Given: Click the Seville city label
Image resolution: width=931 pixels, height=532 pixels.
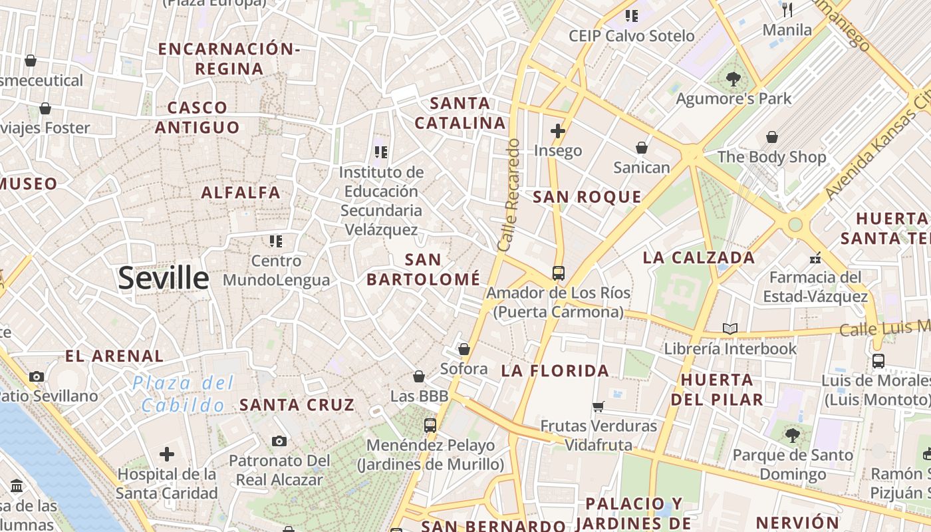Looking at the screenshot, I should pos(164,278).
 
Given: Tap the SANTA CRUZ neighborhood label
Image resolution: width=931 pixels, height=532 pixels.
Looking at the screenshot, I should pos(297,404).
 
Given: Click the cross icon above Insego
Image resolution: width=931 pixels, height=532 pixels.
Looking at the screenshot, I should pos(558,131).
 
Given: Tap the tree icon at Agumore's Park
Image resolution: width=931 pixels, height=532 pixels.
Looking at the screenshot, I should pos(733,79).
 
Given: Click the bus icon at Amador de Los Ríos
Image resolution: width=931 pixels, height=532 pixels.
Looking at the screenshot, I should pos(558,273).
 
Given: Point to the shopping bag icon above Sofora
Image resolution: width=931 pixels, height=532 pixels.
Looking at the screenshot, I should pos(464,349).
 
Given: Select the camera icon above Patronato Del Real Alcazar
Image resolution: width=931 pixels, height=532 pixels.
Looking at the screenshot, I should pos(279,441).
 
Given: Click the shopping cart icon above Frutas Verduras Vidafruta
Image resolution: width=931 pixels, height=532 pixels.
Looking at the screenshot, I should pos(598,406).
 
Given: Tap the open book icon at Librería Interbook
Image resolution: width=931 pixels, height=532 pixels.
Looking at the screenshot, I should pos(730,329).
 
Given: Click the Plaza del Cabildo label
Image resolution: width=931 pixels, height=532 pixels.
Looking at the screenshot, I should pos(183,394).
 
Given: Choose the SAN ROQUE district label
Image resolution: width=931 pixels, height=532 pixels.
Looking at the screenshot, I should pos(587,197).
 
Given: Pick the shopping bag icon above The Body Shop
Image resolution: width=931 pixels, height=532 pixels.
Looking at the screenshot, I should pos(771,137).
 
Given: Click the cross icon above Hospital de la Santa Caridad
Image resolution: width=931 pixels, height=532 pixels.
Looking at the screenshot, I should pos(167,455).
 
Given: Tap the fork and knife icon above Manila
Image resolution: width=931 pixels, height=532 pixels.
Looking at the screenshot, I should pos(787,9).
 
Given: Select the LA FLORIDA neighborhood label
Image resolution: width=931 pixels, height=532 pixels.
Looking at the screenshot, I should pos(555,371).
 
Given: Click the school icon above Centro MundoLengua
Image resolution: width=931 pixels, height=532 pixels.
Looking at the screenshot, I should pos(276,241).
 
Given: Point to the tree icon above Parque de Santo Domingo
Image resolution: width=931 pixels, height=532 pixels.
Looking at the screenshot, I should pos(792,436).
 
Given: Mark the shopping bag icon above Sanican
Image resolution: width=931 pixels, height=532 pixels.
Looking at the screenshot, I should pos(641,147).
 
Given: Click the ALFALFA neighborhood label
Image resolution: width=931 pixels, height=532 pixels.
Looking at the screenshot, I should pos(241,193).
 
